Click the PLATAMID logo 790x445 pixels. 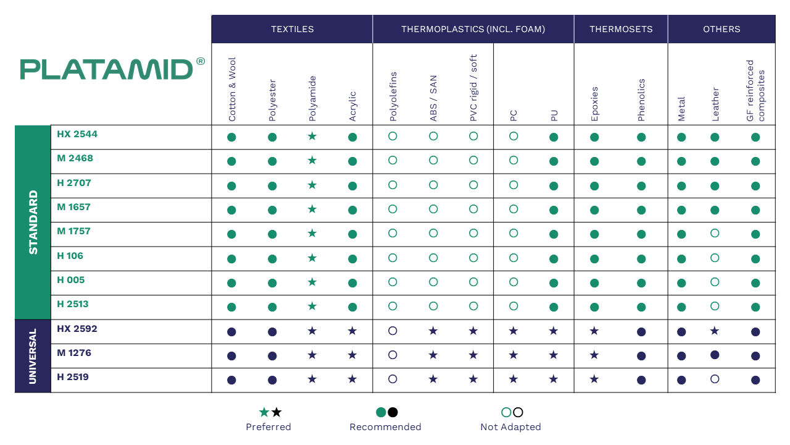(112, 69)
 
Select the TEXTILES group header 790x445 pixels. (293, 29)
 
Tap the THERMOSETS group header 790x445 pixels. (621, 29)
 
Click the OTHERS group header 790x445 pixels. (721, 29)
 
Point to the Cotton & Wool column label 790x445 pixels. (231, 90)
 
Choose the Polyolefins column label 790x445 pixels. (393, 96)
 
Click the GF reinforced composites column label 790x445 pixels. (755, 90)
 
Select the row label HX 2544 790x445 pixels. (77, 134)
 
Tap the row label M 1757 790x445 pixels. (73, 231)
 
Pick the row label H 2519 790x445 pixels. (73, 377)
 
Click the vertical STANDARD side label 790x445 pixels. (33, 222)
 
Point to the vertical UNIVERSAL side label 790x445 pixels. (33, 356)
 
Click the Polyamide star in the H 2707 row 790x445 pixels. (312, 185)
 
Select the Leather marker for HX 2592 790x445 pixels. (715, 331)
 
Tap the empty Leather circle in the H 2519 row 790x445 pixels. (715, 379)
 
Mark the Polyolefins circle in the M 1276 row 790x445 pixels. (393, 355)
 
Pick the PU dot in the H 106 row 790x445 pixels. (554, 259)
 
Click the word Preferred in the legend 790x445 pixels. (268, 427)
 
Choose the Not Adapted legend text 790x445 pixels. (510, 427)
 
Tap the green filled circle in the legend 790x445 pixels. (381, 412)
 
